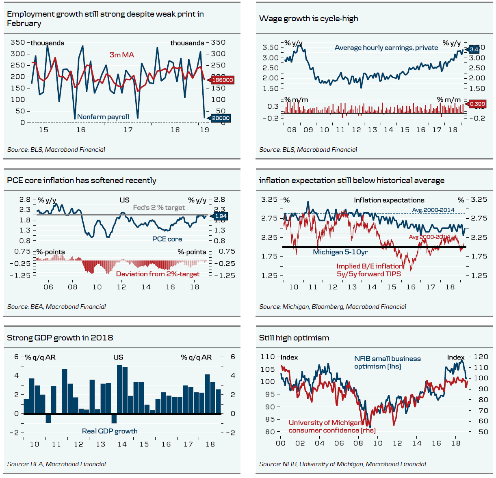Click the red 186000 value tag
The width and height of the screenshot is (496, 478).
[x=222, y=80]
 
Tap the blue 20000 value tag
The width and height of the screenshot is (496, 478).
[x=221, y=118]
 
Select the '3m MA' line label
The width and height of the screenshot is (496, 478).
[x=121, y=55]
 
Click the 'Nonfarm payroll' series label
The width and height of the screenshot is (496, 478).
[x=103, y=117]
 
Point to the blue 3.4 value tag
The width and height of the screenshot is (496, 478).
[x=474, y=50]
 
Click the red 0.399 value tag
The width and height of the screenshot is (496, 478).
[x=477, y=104]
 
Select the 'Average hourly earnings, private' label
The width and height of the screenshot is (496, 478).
[x=386, y=47]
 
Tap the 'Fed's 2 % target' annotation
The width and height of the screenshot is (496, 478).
[x=159, y=207]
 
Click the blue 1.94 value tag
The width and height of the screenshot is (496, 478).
[x=220, y=216]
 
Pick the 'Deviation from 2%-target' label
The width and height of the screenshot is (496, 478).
[x=158, y=274]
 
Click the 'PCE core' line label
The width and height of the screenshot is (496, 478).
[x=167, y=239]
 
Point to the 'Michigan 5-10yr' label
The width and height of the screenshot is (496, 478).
[x=340, y=252]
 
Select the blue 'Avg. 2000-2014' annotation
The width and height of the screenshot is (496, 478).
[x=433, y=210]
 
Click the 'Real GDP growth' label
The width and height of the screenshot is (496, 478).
[x=110, y=431]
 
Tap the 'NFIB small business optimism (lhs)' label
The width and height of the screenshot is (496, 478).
[x=387, y=362]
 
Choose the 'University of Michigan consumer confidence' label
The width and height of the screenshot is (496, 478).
[x=332, y=426]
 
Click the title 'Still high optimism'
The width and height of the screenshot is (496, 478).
[x=294, y=338]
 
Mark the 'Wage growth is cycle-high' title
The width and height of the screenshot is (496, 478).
[x=308, y=18]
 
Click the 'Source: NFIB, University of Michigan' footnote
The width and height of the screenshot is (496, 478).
[x=342, y=464]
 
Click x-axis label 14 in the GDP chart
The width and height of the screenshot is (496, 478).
[x=122, y=444]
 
